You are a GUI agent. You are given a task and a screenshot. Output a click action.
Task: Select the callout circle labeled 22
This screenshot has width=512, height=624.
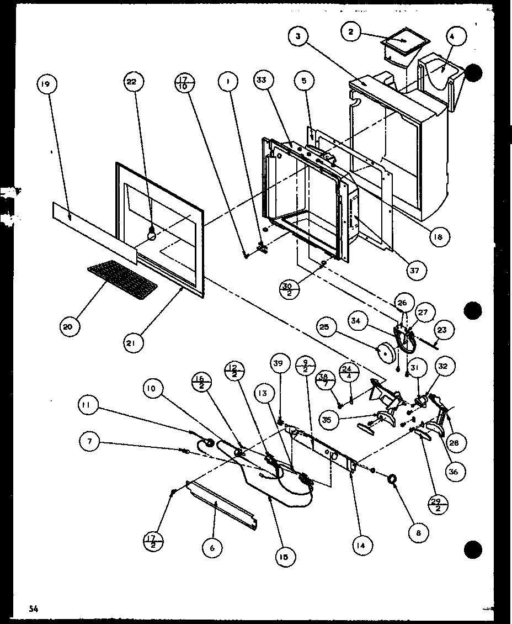(x=131, y=82)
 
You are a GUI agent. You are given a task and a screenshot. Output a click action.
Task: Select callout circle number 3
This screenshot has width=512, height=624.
(x=298, y=36)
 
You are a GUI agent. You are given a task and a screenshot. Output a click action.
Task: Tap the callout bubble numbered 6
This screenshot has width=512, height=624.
(x=212, y=548)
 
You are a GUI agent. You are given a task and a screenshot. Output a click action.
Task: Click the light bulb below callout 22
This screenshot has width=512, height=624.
(x=150, y=235)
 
